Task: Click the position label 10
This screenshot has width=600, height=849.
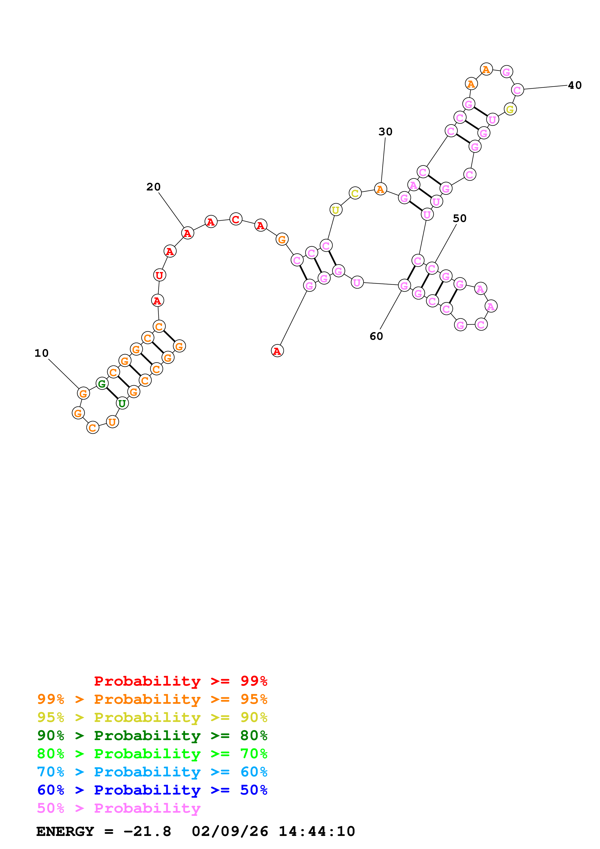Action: coord(41,353)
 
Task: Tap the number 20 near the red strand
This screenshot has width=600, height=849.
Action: coord(153,187)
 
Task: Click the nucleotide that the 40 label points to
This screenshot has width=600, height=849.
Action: coord(517,90)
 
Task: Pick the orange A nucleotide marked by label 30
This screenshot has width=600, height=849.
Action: coord(380,189)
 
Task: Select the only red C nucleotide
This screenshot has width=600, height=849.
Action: coord(236,219)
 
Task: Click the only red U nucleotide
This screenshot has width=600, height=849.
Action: coord(159,275)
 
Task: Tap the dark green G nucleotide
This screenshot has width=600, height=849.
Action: coord(102,384)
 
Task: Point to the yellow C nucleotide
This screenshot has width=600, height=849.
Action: coord(355,193)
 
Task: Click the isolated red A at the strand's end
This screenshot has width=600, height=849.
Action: coord(277,351)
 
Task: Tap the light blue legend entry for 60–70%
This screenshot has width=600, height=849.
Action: coord(152,772)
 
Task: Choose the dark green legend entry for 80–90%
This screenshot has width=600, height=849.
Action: coord(152,735)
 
